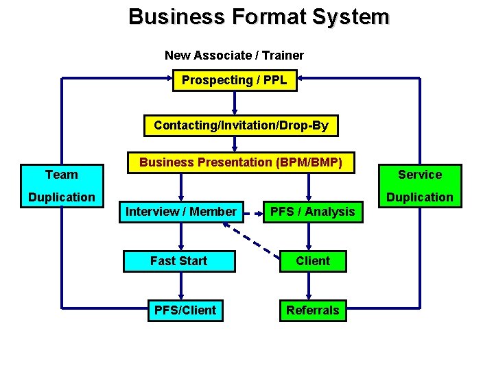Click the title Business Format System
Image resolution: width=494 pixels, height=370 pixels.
(259, 16)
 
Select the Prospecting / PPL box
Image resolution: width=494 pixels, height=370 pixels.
(235, 81)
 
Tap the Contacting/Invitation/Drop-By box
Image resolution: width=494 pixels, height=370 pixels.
(241, 125)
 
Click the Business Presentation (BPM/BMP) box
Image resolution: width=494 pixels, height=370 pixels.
(241, 162)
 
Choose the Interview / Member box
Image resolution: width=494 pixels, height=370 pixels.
(180, 212)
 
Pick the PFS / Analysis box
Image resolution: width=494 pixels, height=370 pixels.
(312, 212)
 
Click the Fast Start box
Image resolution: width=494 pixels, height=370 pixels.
(179, 261)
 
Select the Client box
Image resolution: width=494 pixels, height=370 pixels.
(313, 261)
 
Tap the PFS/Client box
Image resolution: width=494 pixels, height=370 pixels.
(185, 310)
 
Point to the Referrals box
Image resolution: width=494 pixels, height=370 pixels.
(312, 310)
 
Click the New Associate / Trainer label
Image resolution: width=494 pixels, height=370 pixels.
(234, 55)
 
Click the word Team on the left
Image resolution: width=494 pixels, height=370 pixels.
(62, 175)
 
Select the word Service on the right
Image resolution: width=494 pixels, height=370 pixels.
(420, 175)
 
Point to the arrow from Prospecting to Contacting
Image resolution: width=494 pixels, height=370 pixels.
(235, 103)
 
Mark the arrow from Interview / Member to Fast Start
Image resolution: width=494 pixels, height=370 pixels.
(181, 236)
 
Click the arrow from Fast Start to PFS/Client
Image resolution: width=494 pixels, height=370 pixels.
(181, 286)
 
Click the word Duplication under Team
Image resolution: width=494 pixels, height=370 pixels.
(62, 197)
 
